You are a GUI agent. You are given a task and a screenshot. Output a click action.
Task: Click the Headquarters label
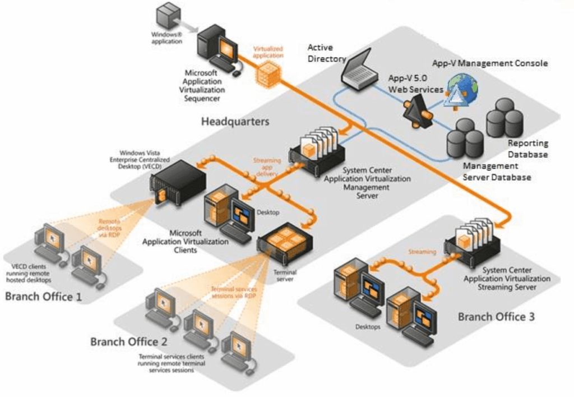[x=235, y=121]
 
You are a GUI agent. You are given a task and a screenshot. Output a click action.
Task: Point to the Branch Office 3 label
[x=496, y=317]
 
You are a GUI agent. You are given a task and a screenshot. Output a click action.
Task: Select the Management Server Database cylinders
[x=465, y=137]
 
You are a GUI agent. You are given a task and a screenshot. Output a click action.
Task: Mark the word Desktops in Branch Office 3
[x=367, y=326]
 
